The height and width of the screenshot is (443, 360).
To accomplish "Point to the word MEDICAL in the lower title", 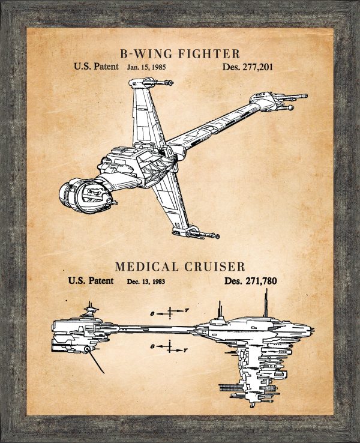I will pos(149,266).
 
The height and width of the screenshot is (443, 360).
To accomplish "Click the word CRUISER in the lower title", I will pos(215,266).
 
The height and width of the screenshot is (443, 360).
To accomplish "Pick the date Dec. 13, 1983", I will pos(146,281).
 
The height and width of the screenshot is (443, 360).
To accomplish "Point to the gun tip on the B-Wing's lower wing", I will pos(210,236).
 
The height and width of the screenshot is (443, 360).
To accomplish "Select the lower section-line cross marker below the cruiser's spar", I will pos(170,347).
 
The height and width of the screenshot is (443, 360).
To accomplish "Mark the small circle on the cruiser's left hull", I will pos(88,348).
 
